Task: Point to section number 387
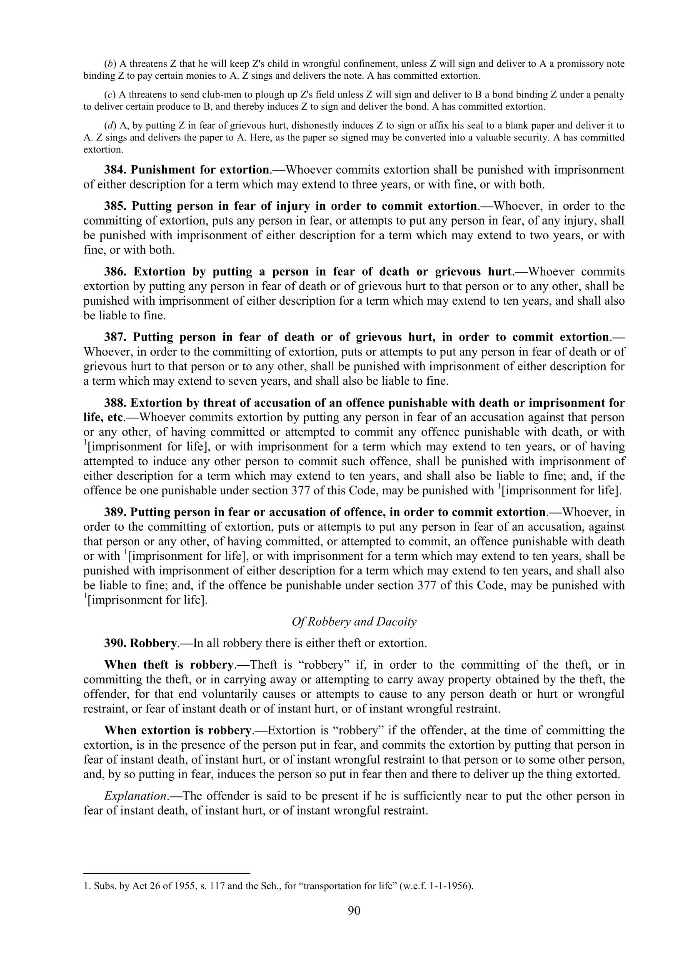[x=117, y=337]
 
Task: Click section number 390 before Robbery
[x=115, y=643]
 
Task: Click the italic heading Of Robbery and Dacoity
[x=354, y=622]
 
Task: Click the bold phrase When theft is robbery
[x=169, y=665]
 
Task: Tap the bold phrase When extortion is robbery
[x=178, y=730]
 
